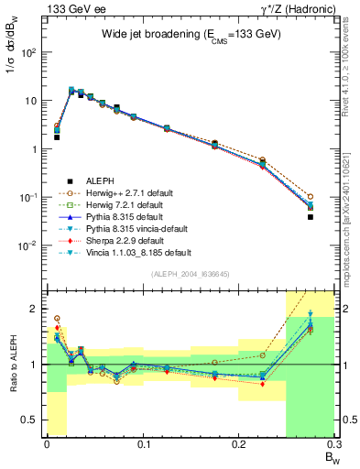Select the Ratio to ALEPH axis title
14,365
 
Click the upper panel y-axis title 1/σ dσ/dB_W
14,60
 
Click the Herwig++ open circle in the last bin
311,197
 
